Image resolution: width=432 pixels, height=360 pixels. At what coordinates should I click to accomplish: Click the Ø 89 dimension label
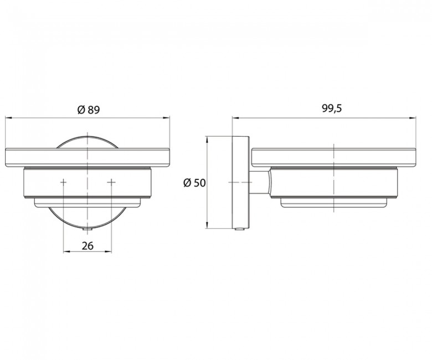[89, 110]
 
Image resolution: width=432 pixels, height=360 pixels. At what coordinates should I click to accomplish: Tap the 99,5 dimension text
[332, 109]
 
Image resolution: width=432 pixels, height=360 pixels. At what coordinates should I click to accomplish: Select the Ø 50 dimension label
[194, 183]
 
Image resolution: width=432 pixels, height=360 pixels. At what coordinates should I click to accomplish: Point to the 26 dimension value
[88, 245]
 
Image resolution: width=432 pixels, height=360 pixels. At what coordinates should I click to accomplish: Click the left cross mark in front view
[63, 182]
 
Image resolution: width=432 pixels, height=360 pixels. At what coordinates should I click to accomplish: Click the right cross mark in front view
[111, 182]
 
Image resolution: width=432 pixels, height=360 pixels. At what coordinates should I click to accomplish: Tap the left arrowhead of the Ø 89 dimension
[8, 118]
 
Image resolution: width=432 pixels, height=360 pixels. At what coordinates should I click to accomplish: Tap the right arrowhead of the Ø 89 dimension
[167, 118]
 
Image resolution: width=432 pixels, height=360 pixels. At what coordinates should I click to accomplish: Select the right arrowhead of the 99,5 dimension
[413, 118]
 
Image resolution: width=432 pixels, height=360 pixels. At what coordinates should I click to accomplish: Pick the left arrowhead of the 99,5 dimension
[235, 118]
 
